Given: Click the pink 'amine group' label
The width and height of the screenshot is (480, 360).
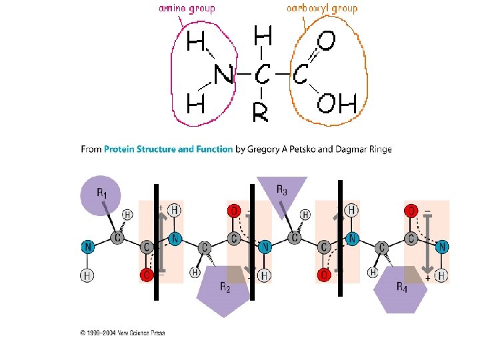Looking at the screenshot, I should pyautogui.click(x=187, y=9).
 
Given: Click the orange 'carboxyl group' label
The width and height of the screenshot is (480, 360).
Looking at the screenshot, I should pyautogui.click(x=322, y=9).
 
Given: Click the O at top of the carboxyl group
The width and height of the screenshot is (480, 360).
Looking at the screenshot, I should pyautogui.click(x=325, y=42).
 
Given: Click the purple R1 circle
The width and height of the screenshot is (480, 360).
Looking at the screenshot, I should pyautogui.click(x=101, y=195).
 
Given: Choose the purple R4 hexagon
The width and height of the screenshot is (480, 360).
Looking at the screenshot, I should pyautogui.click(x=400, y=289).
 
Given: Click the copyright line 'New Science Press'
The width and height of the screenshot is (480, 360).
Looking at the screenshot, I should pyautogui.click(x=127, y=333).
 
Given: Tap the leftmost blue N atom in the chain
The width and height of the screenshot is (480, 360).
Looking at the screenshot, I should pyautogui.click(x=87, y=247).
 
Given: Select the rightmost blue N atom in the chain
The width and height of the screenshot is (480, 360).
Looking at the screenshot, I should pyautogui.click(x=443, y=247).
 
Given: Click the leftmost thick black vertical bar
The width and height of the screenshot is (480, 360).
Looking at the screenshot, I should pyautogui.click(x=155, y=241).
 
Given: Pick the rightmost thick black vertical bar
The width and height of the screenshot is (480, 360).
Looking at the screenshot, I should pyautogui.click(x=340, y=237).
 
